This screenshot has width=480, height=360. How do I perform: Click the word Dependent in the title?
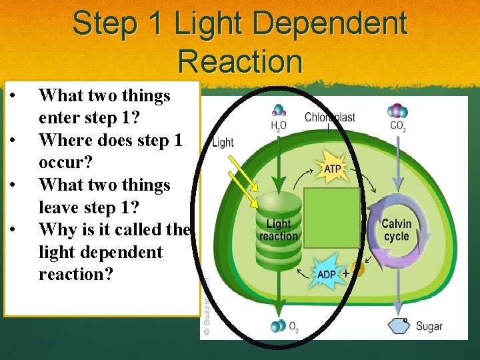tap(331, 24)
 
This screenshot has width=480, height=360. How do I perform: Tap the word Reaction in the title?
tap(240, 61)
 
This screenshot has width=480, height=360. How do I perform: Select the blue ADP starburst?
tap(326, 273)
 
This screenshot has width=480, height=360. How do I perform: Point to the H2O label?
tap(279, 125)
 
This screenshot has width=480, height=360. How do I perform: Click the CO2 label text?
tap(398, 125)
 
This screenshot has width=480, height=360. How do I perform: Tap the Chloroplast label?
tap(329, 117)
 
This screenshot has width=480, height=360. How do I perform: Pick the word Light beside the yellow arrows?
tap(223, 142)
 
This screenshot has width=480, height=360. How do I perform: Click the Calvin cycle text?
tap(397, 229)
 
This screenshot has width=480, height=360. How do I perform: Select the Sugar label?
tap(429, 326)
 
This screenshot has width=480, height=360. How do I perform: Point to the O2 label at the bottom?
tap(293, 326)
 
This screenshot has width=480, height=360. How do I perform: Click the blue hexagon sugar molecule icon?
tap(399, 325)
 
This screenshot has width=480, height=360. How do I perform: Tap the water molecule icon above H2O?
tap(278, 110)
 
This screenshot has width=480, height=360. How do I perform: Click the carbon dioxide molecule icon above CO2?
tap(398, 110)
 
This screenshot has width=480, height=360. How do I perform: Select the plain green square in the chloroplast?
tap(331, 216)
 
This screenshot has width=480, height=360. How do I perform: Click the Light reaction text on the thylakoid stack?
tap(279, 230)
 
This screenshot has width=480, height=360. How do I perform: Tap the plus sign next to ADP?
tap(345, 273)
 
